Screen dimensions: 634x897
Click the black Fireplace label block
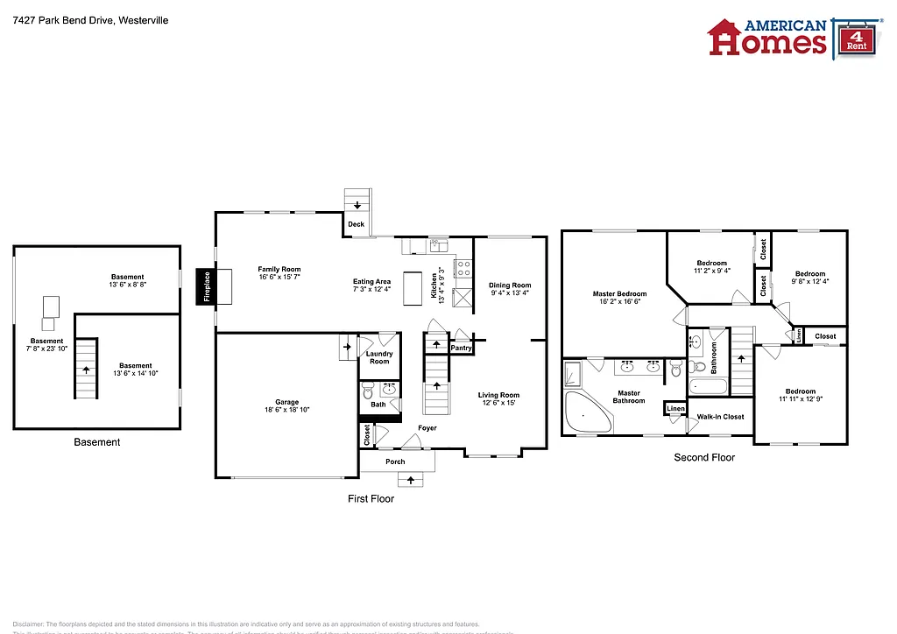click(x=208, y=286)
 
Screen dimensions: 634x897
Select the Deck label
click(x=356, y=225)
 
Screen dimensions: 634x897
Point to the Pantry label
click(x=461, y=348)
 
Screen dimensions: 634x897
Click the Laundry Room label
click(x=379, y=357)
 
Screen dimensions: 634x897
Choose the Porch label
click(x=395, y=461)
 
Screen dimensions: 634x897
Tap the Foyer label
click(x=427, y=428)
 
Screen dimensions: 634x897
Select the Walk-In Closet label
click(x=720, y=417)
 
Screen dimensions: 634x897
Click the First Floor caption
click(x=371, y=499)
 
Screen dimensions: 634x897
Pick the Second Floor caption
click(x=703, y=457)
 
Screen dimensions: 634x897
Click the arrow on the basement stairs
click(x=86, y=370)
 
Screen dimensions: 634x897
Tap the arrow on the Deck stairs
click(x=357, y=205)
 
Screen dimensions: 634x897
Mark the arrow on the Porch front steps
click(x=410, y=480)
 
